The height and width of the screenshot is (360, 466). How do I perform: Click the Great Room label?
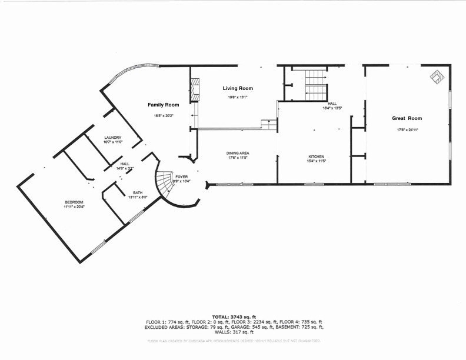(407, 118)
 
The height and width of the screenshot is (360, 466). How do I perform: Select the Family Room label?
(163, 104)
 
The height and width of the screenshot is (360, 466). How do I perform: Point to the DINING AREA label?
(238, 153)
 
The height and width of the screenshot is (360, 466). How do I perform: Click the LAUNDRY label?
(112, 138)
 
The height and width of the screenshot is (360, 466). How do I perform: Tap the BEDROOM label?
(74, 202)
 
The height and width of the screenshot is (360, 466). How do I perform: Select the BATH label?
(138, 192)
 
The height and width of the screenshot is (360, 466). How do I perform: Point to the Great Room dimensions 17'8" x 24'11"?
(407, 129)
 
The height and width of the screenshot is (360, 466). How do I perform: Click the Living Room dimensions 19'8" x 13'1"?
(238, 97)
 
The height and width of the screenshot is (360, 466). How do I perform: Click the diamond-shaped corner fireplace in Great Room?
(437, 77)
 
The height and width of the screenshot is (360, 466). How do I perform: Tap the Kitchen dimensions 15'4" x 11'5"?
(316, 161)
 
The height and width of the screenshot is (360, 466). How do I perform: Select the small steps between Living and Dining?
(269, 125)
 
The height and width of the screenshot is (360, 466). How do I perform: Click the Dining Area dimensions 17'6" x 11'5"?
(238, 158)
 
